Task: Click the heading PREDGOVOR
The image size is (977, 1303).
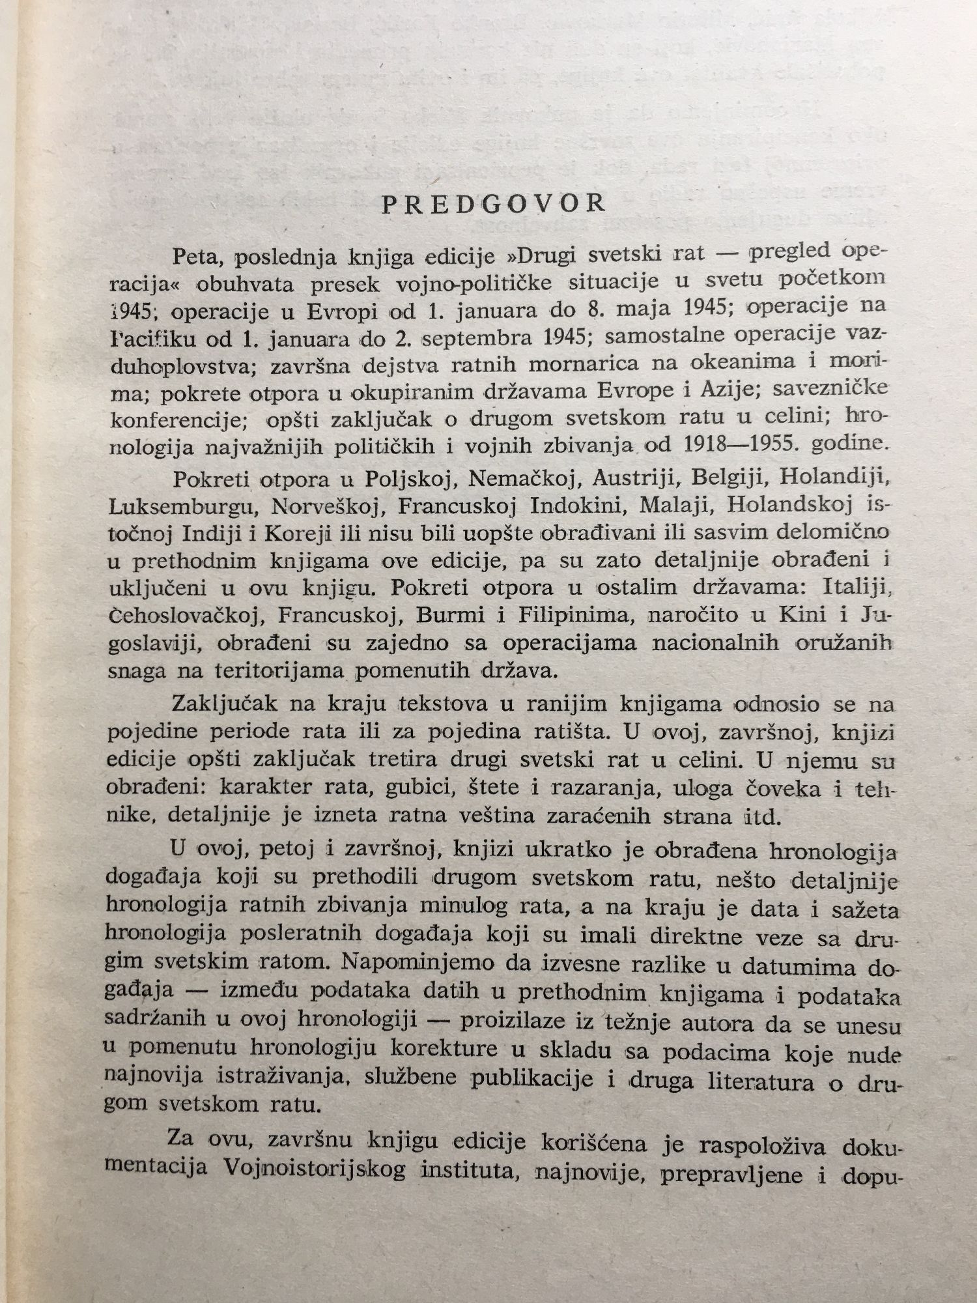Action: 493,205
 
